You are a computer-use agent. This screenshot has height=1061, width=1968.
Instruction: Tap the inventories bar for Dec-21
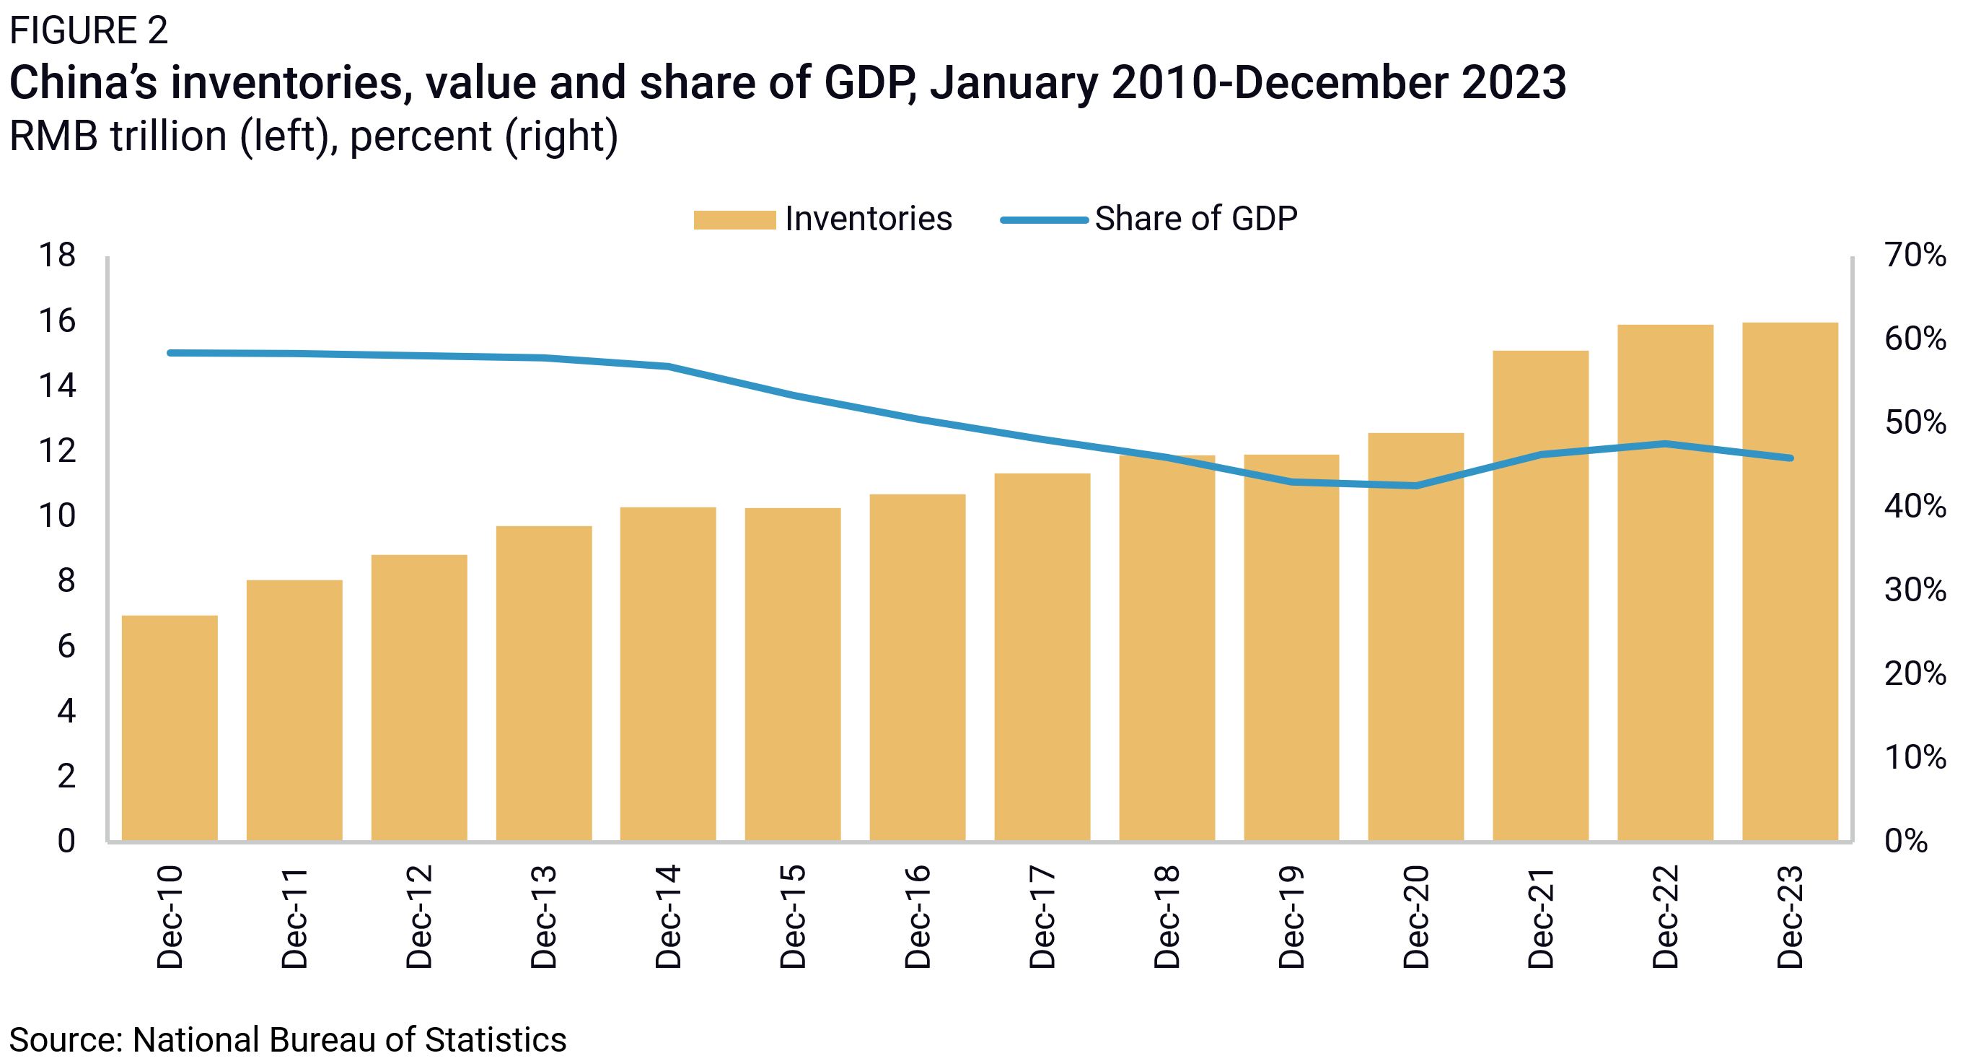1540,596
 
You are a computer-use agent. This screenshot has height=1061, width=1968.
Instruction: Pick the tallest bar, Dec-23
1790,581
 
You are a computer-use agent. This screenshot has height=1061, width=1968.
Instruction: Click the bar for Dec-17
1042,658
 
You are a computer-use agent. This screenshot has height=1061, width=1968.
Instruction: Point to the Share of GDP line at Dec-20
1415,486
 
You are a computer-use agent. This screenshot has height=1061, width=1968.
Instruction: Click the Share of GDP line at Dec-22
1665,443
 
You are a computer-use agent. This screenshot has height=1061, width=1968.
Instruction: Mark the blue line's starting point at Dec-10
170,353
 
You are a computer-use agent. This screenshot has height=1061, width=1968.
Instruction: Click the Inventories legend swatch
734,220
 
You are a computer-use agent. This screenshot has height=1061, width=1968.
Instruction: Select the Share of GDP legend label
1195,219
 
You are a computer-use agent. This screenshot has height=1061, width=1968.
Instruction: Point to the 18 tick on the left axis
57,256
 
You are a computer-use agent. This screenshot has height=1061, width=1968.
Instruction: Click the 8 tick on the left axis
66,581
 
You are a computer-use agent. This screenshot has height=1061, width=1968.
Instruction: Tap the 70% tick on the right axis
1915,256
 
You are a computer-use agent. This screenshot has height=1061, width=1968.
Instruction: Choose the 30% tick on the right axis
1915,590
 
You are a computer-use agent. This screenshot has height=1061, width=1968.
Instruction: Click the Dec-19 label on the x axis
1291,917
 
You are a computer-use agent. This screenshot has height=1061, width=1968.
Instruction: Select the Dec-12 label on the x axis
418,917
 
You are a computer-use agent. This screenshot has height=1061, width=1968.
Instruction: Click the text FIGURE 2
88,30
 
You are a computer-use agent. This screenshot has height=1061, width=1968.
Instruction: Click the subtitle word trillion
169,137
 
